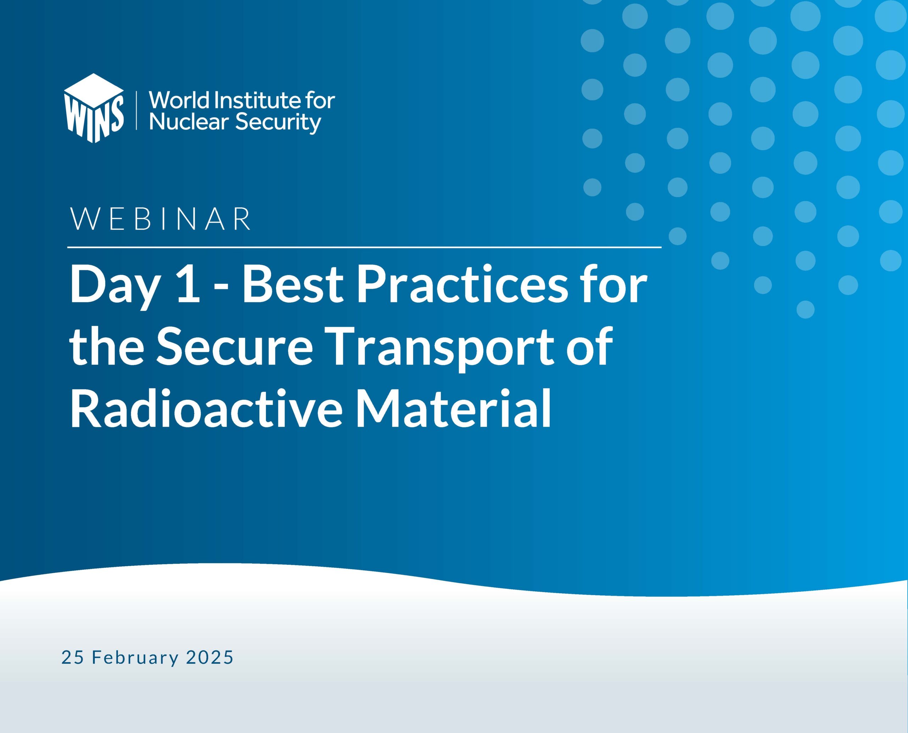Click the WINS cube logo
94,108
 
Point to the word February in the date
135,658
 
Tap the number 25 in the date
73,657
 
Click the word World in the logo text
179,100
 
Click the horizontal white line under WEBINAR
364,247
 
